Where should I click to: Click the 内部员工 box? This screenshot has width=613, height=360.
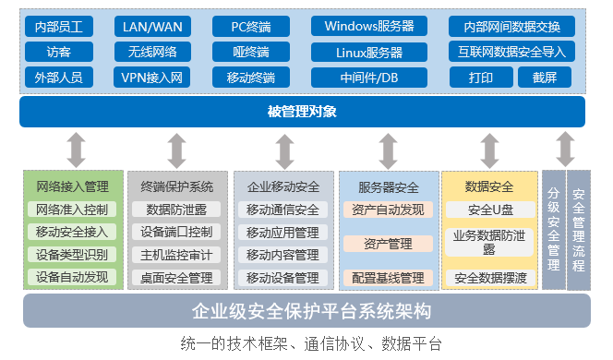[x=59, y=26]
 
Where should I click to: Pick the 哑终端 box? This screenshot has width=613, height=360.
[x=251, y=52]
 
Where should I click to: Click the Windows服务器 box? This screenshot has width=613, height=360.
[x=369, y=26]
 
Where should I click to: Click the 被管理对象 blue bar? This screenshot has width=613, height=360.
[x=302, y=113]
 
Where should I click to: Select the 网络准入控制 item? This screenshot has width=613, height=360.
[x=73, y=210]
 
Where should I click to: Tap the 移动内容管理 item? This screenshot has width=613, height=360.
[x=282, y=255]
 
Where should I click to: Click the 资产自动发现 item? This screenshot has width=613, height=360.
[x=388, y=210]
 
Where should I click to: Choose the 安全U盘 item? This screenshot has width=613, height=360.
[x=489, y=210]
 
